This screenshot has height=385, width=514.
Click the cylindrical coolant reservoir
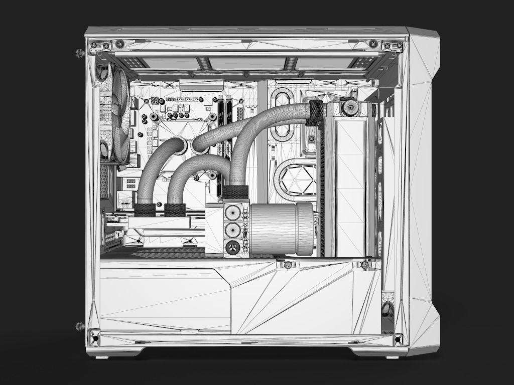(x=281, y=229)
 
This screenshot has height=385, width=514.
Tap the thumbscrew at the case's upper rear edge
(x=79, y=53)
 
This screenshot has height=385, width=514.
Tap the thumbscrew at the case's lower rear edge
(x=79, y=326)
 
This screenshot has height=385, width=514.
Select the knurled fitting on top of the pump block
(x=235, y=192)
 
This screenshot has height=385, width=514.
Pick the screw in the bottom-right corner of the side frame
(x=398, y=339)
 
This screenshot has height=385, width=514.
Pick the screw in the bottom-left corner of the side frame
(x=94, y=339)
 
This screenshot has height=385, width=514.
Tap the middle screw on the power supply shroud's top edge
(x=288, y=265)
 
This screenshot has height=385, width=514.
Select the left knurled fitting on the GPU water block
(x=145, y=210)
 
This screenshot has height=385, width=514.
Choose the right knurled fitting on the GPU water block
(x=175, y=210)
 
